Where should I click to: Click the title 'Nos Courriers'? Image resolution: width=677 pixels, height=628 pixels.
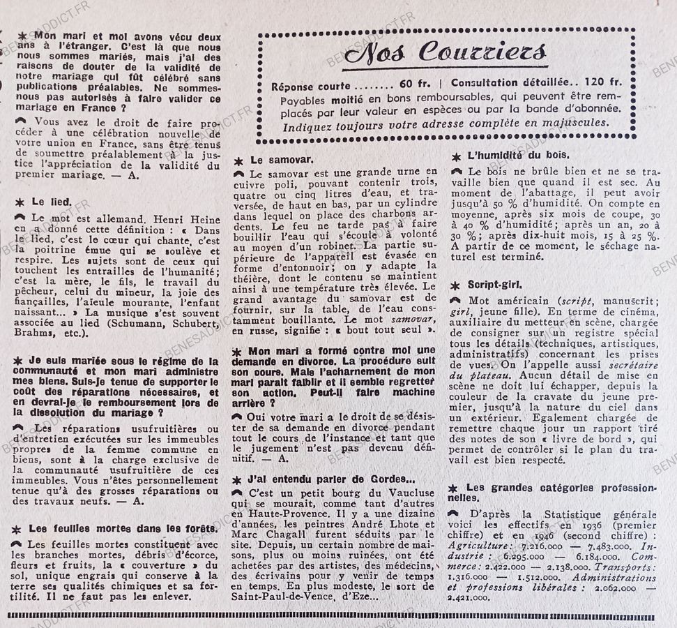(446, 52)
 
